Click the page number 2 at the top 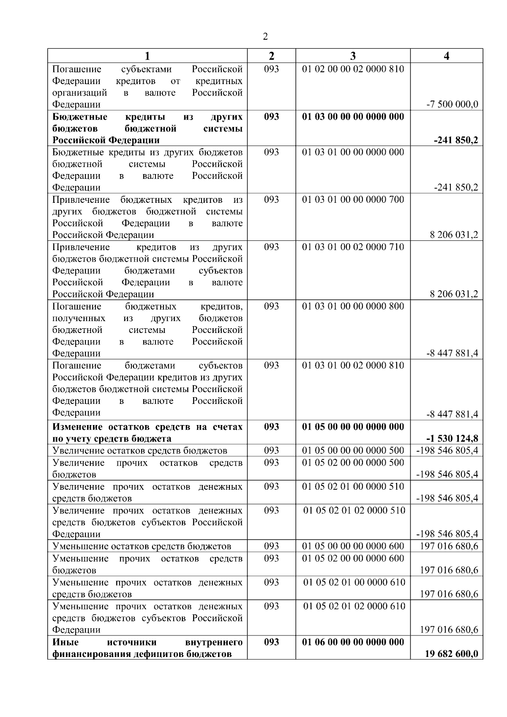click(x=265, y=36)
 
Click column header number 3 click(x=353, y=56)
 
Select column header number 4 click(x=447, y=56)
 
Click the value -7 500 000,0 click(x=452, y=104)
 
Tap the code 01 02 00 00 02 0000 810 click(x=353, y=69)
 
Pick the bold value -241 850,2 click(x=456, y=140)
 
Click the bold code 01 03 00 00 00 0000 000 click(x=353, y=117)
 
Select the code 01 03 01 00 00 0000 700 click(x=353, y=199)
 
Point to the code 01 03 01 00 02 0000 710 click(x=353, y=247)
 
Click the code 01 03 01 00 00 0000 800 click(x=353, y=306)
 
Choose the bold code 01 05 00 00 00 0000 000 click(x=353, y=427)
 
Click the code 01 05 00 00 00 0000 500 click(x=353, y=450)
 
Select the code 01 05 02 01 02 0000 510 click(x=354, y=510)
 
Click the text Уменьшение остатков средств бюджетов click(x=142, y=546)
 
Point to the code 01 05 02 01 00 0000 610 click(x=354, y=582)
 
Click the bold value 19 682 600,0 click(x=451, y=654)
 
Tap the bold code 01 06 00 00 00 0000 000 click(x=353, y=642)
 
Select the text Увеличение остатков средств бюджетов click(x=139, y=450)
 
